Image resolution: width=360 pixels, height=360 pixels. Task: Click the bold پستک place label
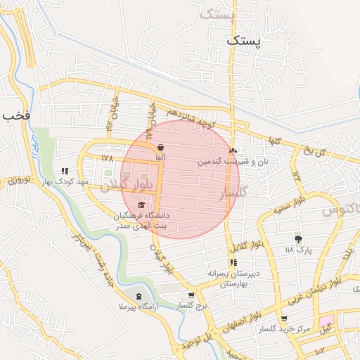pyautogui.click(x=243, y=42)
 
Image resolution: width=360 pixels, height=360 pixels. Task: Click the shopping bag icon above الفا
pyautogui.click(x=161, y=147)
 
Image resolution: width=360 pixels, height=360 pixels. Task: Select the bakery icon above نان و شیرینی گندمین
pyautogui.click(x=233, y=150)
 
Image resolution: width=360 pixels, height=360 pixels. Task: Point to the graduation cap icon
pyautogui.click(x=141, y=205)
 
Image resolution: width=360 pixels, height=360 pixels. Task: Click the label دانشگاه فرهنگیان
pyautogui.click(x=146, y=214)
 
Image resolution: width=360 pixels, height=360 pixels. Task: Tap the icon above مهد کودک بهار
pyautogui.click(x=65, y=171)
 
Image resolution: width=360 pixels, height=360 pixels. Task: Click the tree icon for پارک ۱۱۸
pyautogui.click(x=298, y=239)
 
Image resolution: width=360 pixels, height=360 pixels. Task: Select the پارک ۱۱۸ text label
pyautogui.click(x=297, y=250)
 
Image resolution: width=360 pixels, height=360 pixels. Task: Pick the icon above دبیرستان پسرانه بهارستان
pyautogui.click(x=233, y=263)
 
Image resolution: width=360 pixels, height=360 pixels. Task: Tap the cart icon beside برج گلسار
pyautogui.click(x=191, y=295)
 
